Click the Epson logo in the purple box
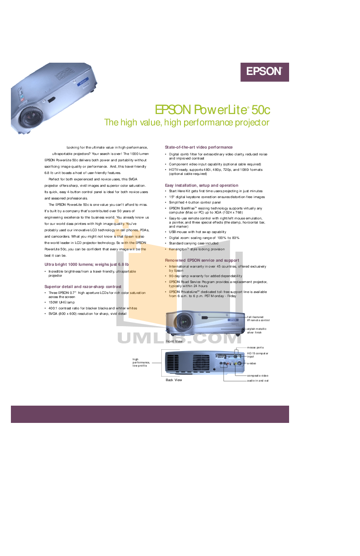pos(265,71)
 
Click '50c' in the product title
pos(260,110)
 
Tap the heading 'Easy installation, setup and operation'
pos(201,185)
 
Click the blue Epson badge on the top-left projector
pos(83,83)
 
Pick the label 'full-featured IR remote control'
pos(258,318)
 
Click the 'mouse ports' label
pos(255,347)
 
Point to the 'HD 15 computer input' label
pos(257,355)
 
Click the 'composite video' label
pos(258,376)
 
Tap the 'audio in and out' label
pos(258,381)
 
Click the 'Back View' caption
pos(173,380)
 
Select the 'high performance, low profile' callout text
pos(141,362)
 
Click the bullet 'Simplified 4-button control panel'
pos(197,203)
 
